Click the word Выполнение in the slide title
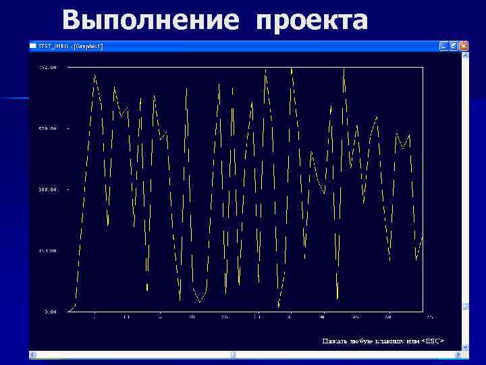[150, 20]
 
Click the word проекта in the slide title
[312, 20]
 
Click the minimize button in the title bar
[443, 46]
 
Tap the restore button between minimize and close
[454, 46]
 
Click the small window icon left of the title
[32, 46]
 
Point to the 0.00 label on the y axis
[51, 312]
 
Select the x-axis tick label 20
[192, 316]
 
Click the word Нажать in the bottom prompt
[334, 340]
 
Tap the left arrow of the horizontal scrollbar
[33, 354]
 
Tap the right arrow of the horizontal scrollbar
[456, 354]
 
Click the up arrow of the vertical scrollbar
[464, 55]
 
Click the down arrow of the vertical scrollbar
[464, 346]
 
